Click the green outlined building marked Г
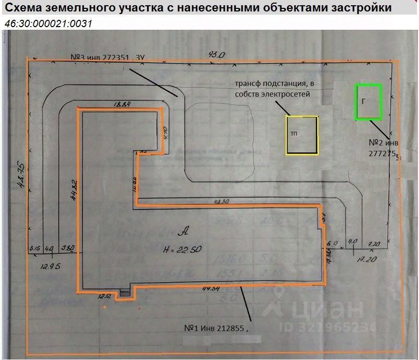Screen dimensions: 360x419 (x=368, y=102)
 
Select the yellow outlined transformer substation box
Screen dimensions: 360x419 (x=302, y=135)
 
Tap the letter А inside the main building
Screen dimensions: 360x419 (x=183, y=229)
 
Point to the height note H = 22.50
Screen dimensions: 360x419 (x=182, y=250)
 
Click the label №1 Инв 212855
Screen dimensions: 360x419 (x=214, y=329)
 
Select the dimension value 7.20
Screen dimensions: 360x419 (x=374, y=244)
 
